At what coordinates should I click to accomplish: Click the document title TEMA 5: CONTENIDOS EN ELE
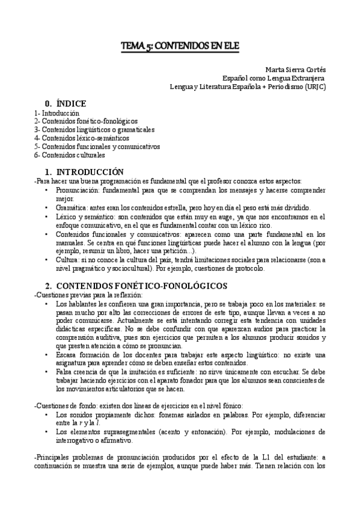point(180,45)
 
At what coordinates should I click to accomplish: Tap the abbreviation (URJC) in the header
point(314,86)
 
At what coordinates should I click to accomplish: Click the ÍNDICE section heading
point(66,103)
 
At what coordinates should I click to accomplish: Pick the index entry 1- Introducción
point(57,112)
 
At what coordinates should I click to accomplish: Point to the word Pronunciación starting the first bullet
point(76,190)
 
